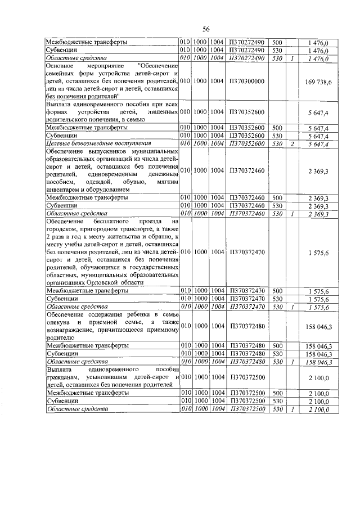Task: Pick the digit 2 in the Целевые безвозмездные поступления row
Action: pos(292,145)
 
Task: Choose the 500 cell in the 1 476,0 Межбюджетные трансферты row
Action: pos(277,42)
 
